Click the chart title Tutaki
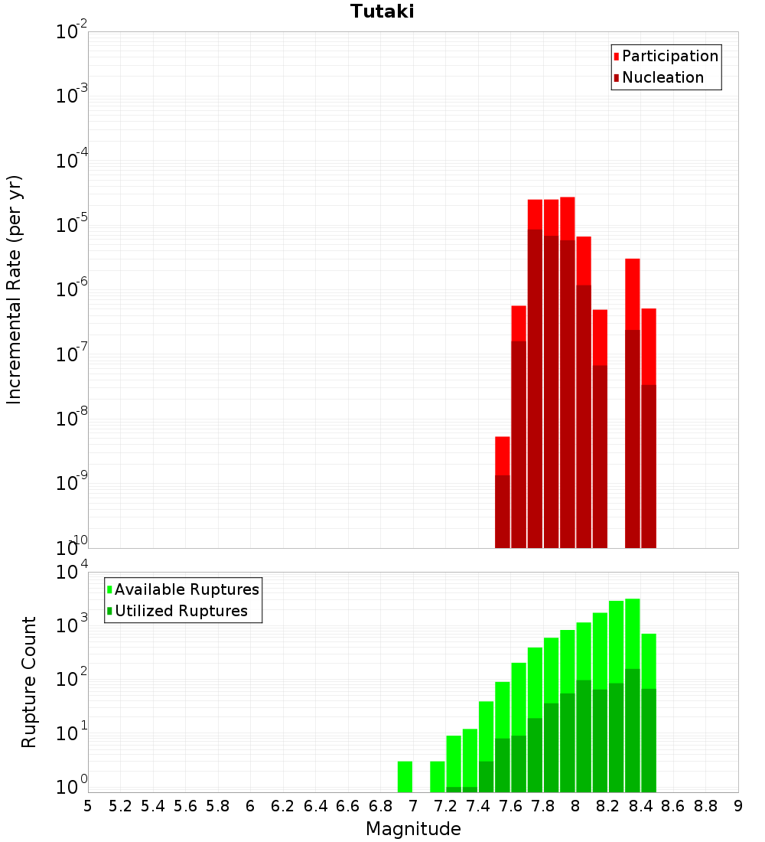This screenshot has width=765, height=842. [382, 11]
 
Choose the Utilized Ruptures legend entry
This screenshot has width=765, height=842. [181, 611]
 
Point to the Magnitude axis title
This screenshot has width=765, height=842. [413, 829]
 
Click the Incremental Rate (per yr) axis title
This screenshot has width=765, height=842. [15, 290]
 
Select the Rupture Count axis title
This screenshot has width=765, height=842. [29, 682]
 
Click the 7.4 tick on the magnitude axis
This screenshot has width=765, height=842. [478, 806]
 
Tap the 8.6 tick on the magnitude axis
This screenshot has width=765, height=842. [673, 806]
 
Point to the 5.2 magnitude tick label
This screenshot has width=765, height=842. [120, 806]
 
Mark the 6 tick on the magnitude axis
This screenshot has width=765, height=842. [250, 806]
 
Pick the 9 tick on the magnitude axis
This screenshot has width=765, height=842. [738, 806]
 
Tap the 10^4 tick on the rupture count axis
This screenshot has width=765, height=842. [72, 573]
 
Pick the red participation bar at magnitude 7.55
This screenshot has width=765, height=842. [503, 455]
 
